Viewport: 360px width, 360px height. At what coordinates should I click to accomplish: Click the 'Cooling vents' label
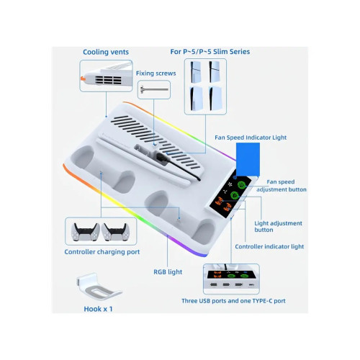[x=106, y=52]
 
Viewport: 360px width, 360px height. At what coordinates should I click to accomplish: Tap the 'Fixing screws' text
[x=156, y=73]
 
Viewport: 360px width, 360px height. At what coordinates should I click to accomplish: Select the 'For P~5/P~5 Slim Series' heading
[x=210, y=52]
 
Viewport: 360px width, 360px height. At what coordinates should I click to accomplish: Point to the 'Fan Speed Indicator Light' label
[x=251, y=138]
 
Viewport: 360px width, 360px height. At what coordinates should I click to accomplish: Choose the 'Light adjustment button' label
[x=278, y=226]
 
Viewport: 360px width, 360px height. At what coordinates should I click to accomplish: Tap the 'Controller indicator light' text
[x=269, y=246]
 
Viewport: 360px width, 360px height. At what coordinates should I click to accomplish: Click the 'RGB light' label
[x=168, y=272]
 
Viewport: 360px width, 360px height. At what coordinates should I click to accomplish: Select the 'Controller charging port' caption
[x=102, y=252]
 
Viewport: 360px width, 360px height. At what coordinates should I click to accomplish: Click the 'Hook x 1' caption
[x=98, y=309]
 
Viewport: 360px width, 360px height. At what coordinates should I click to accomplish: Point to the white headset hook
[x=99, y=287]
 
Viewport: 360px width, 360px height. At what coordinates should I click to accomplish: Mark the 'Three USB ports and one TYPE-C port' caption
[x=233, y=301]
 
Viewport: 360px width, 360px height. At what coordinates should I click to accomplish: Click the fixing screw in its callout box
[x=154, y=90]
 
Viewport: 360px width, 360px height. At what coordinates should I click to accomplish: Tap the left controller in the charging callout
[x=86, y=232]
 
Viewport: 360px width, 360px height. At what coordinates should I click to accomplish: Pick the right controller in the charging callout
[x=115, y=232]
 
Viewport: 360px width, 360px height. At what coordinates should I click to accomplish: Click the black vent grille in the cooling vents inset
[x=108, y=80]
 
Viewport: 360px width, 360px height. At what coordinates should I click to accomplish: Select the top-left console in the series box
[x=196, y=71]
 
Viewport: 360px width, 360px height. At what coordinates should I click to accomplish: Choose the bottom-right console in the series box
[x=215, y=99]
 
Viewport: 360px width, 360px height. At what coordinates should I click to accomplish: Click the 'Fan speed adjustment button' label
[x=282, y=186]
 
